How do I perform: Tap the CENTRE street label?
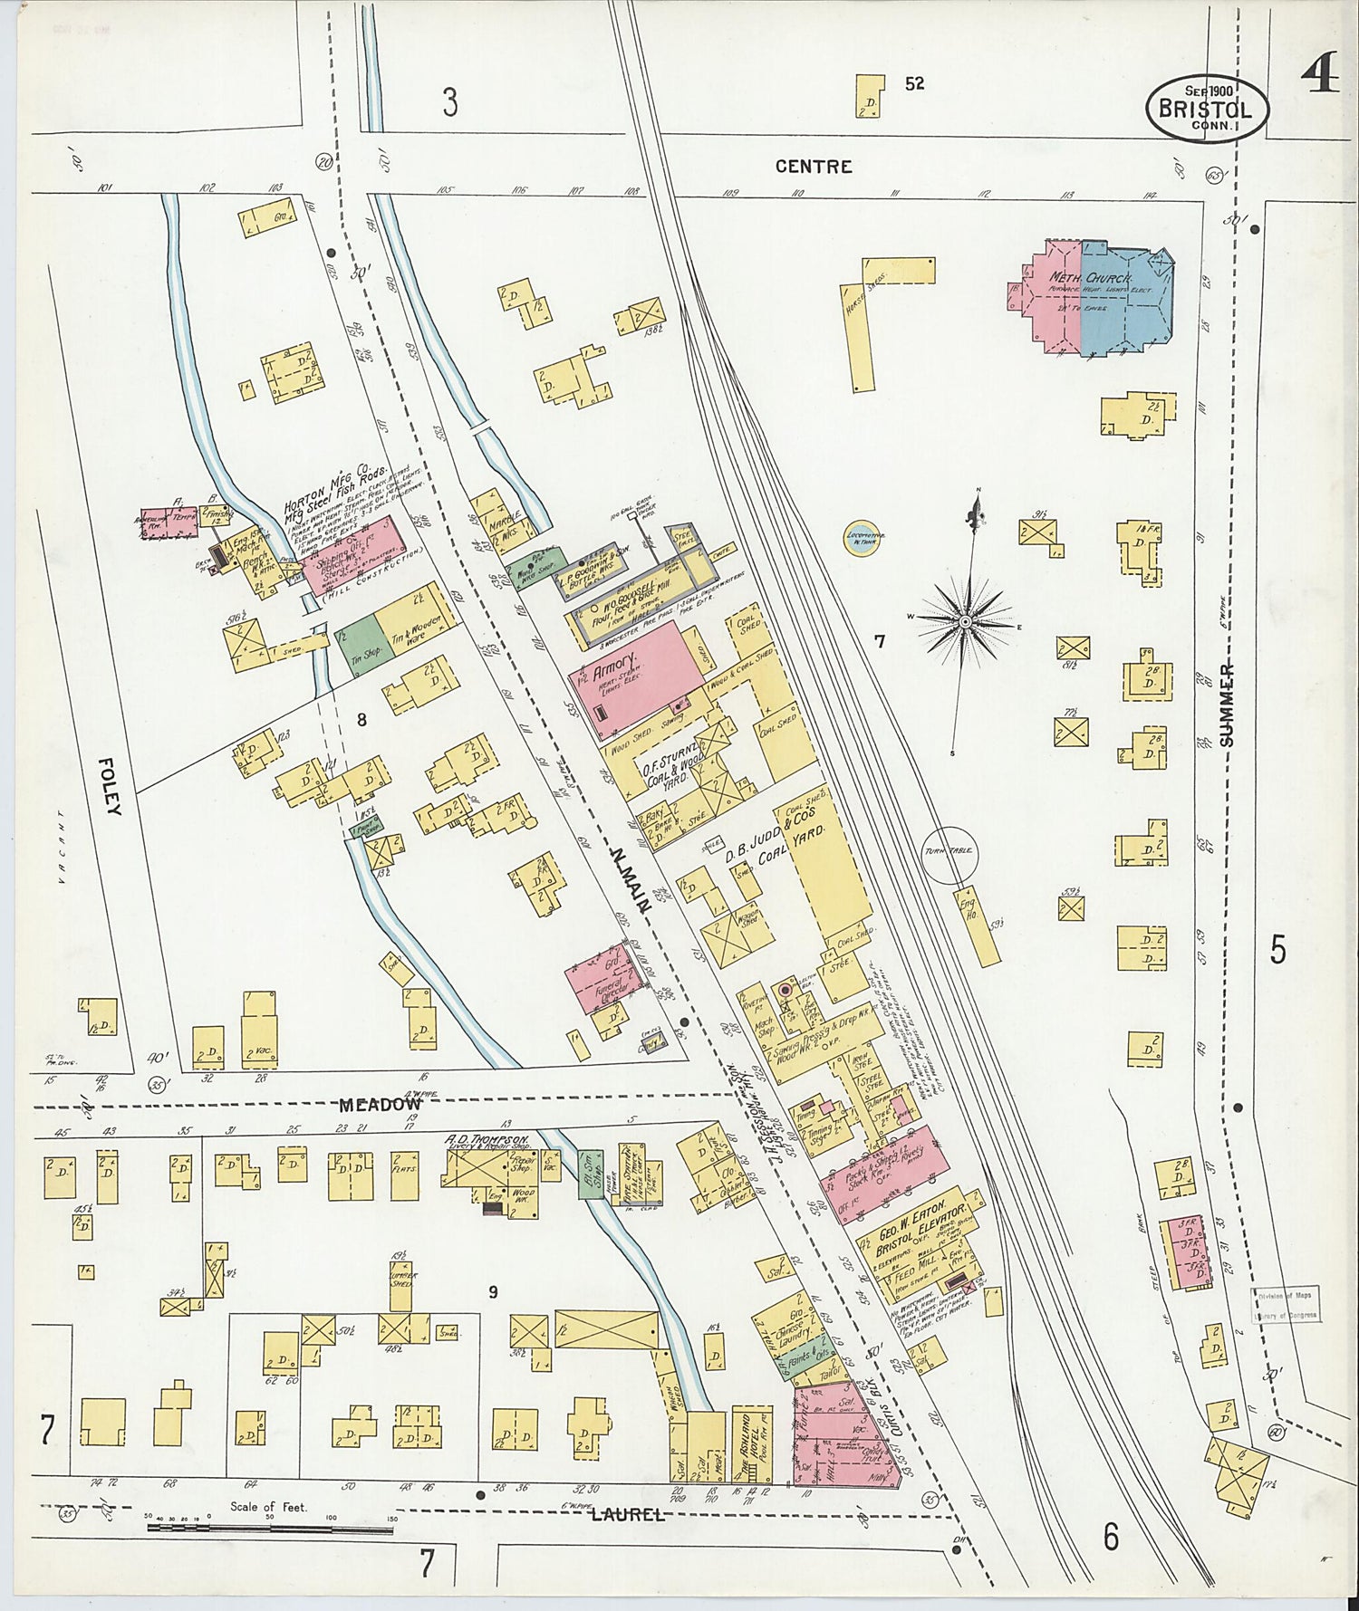814,167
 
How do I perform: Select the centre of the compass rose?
966,622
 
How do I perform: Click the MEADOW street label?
381,1105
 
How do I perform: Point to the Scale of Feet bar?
270,1529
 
